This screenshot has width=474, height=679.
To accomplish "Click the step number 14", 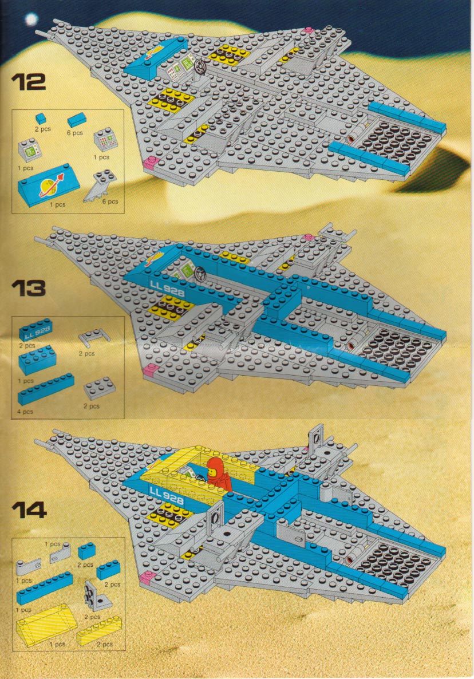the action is point(29,510).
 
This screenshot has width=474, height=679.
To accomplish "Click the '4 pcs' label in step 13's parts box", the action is point(25,412).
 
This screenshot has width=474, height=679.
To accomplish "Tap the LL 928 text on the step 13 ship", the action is point(168,289).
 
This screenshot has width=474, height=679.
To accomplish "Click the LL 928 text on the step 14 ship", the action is point(167,495).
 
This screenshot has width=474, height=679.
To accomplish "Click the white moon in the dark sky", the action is point(31,19).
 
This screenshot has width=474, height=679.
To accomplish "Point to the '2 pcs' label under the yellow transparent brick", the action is point(105,644).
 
